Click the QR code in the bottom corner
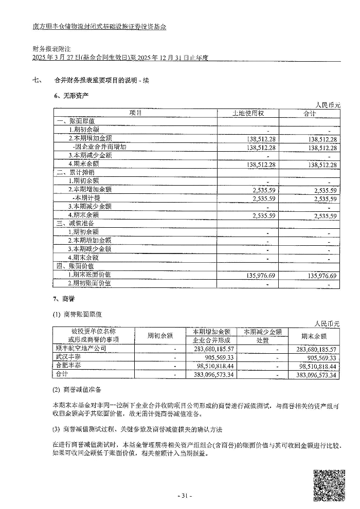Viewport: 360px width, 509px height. tap(329, 485)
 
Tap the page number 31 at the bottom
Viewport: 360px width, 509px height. tap(184, 496)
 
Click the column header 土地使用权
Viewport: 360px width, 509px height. tap(248, 113)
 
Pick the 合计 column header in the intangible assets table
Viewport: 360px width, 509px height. tap(310, 113)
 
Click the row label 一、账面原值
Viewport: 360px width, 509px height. tap(76, 121)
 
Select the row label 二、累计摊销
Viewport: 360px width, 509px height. tap(76, 172)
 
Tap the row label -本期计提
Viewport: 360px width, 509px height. tap(87, 198)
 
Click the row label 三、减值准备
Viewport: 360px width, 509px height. tap(76, 223)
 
